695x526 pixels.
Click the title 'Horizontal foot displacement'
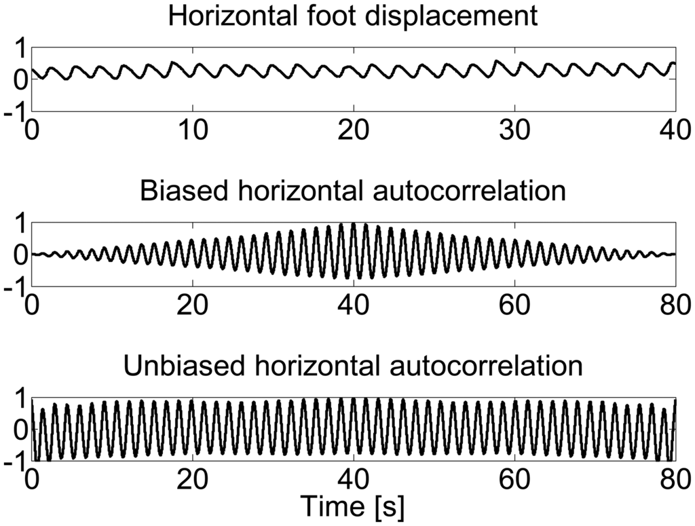pyautogui.click(x=353, y=16)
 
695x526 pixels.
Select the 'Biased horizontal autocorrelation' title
pyautogui.click(x=353, y=191)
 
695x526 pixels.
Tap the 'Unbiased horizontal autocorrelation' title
pyautogui.click(x=353, y=367)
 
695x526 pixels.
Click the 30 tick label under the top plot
pyautogui.click(x=514, y=128)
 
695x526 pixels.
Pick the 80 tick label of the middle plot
pyautogui.click(x=675, y=303)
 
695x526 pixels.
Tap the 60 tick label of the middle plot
pyautogui.click(x=514, y=303)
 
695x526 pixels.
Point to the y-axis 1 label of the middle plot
pyautogui.click(x=20, y=223)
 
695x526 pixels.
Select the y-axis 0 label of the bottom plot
pyautogui.click(x=20, y=430)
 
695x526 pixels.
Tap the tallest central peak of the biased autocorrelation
pyautogui.click(x=354, y=224)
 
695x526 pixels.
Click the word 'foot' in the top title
pyautogui.click(x=339, y=16)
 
